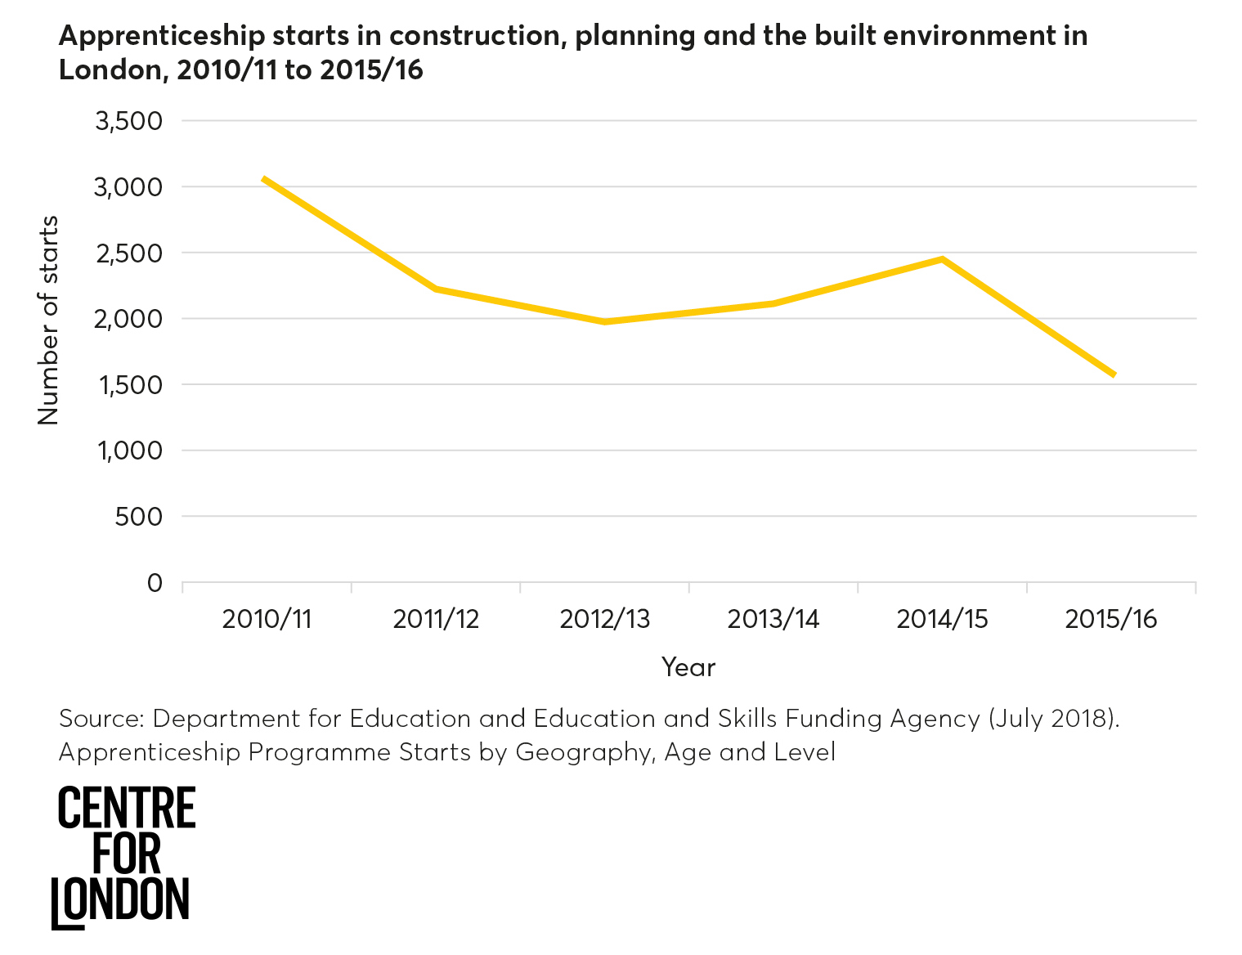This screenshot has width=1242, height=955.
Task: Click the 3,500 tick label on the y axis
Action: coord(129,122)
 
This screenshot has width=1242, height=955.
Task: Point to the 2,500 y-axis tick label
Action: coord(129,253)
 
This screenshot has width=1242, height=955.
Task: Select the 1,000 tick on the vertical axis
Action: coord(130,451)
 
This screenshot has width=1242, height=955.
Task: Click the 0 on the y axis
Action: coord(155,583)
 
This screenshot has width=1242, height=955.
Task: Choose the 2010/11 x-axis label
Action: coord(267,619)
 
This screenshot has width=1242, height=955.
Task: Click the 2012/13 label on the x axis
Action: coord(604,619)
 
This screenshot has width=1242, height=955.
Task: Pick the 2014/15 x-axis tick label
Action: coord(942,619)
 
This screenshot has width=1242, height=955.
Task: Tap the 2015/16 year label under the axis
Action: coord(1111,619)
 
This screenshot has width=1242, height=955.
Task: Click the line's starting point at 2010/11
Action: coord(264,178)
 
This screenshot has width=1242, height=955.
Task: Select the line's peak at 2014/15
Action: coord(943,259)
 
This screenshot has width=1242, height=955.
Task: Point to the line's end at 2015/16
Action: coord(1113,374)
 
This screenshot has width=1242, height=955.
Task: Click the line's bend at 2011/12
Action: coord(435,289)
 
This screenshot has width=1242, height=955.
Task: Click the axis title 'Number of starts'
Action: coord(48,321)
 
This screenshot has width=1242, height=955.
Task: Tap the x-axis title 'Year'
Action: coord(688,667)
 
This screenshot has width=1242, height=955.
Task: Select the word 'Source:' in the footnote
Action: coord(101,719)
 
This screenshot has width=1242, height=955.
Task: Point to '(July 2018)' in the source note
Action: coord(1053,719)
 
